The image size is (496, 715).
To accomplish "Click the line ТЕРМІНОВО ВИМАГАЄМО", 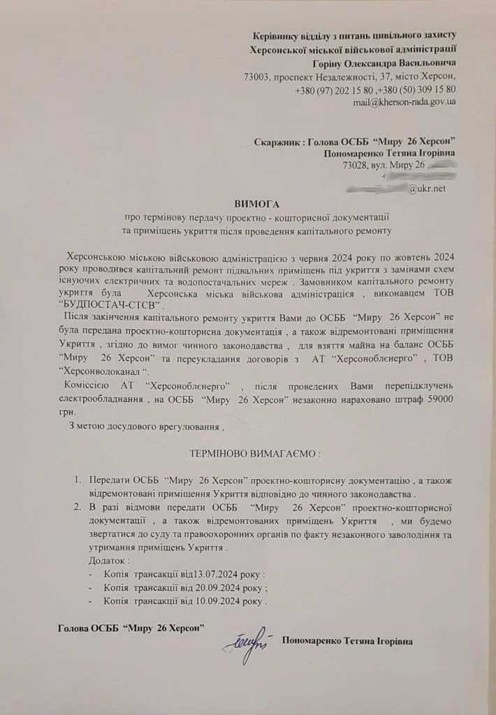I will (255, 453).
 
